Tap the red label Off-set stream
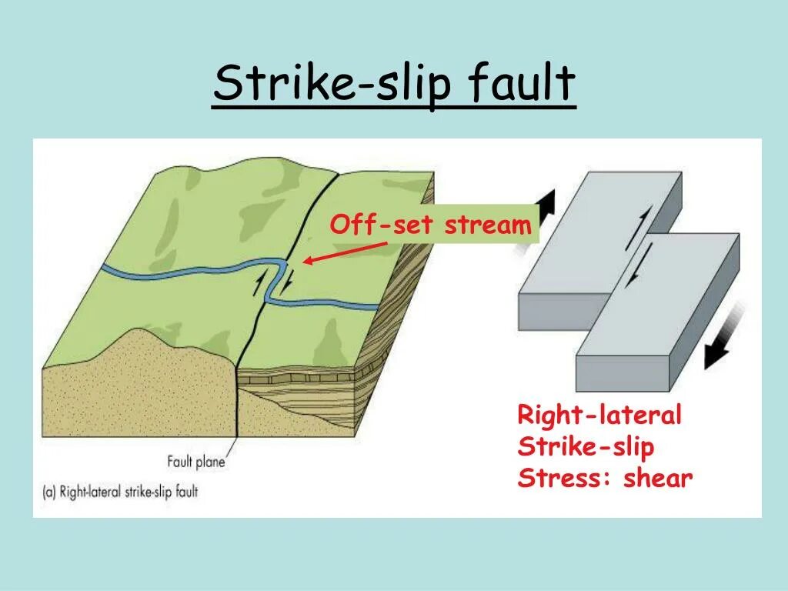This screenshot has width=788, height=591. pyautogui.click(x=430, y=225)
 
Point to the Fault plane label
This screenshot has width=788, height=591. pyautogui.click(x=196, y=462)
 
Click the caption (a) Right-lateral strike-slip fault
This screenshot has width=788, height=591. pyautogui.click(x=122, y=491)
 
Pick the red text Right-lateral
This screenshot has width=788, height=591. pyautogui.click(x=599, y=416)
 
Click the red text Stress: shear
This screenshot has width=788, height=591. pyautogui.click(x=605, y=478)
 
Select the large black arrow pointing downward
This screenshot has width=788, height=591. pyautogui.click(x=724, y=339)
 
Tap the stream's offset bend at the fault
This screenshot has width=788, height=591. pyautogui.click(x=275, y=281)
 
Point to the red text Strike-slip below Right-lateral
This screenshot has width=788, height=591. pyautogui.click(x=586, y=447)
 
